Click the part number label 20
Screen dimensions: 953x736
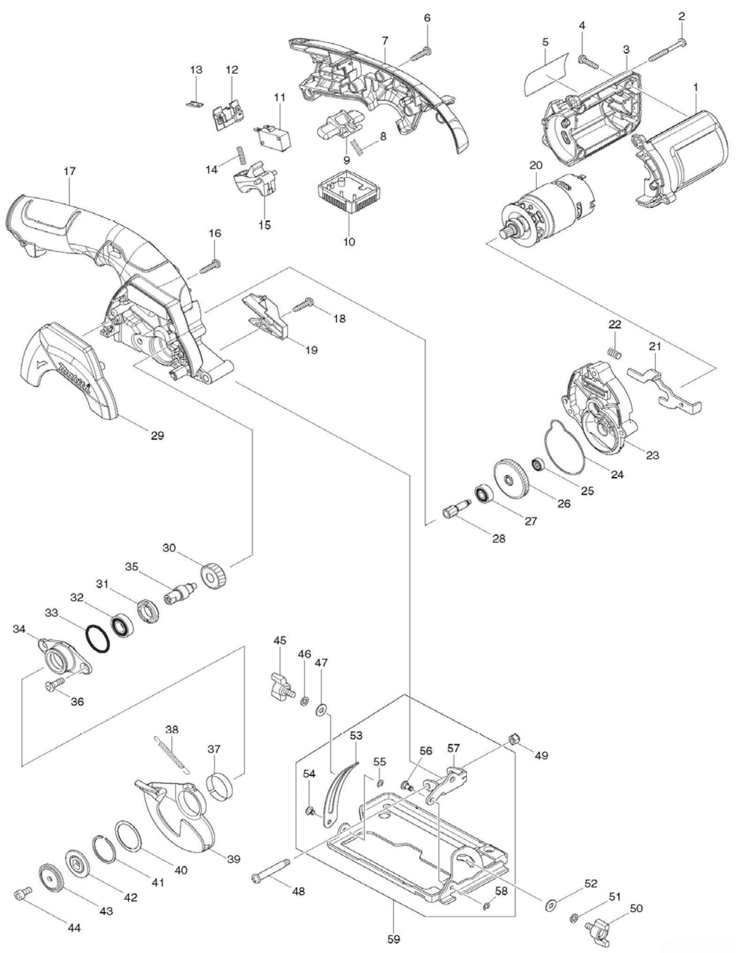click(536, 166)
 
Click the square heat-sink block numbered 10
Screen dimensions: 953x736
click(348, 198)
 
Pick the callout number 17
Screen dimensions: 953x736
click(70, 171)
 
